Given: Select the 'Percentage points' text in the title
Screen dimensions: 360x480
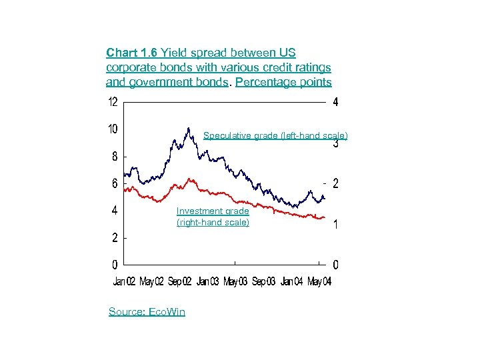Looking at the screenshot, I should point(283,82).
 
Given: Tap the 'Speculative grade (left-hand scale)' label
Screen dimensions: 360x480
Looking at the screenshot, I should point(275,135).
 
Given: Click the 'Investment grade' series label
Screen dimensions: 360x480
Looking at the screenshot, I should point(213,211).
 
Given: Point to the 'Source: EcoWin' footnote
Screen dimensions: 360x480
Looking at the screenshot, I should point(147,311).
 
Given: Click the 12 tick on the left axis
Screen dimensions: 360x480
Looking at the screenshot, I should point(114,103).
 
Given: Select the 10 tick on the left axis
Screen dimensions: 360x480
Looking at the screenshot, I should point(114,129).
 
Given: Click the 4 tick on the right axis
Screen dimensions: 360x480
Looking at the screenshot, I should point(335,103).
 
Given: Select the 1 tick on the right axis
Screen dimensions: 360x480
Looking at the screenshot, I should point(335,225).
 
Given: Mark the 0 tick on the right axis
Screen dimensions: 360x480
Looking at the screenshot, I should point(335,265).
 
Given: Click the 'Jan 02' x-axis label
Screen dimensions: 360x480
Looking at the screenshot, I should point(123,282).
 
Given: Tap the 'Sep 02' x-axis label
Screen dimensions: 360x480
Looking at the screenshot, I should point(179,282).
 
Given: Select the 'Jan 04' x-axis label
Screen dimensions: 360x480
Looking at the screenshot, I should point(291,282).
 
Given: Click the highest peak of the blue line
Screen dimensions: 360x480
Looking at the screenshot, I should point(189,127).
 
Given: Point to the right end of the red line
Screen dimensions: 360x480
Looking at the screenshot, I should point(325,218).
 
